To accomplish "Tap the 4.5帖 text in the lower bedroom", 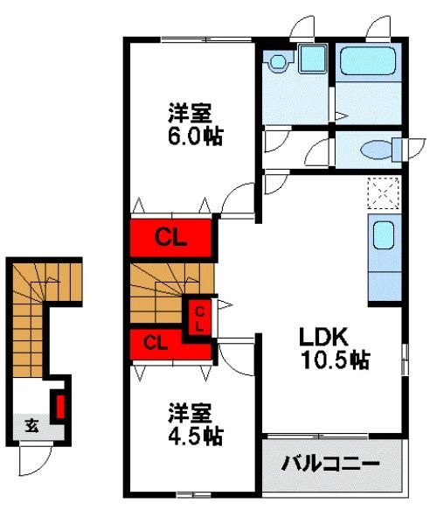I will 194,434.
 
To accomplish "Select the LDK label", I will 324,336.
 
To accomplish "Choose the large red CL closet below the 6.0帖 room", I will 171,235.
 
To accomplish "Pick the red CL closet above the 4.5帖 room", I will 158,342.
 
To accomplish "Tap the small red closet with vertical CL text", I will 199,318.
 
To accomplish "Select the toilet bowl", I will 378,149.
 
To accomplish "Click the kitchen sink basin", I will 385,236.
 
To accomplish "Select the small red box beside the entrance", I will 60,407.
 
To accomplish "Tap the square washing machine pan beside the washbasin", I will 311,59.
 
